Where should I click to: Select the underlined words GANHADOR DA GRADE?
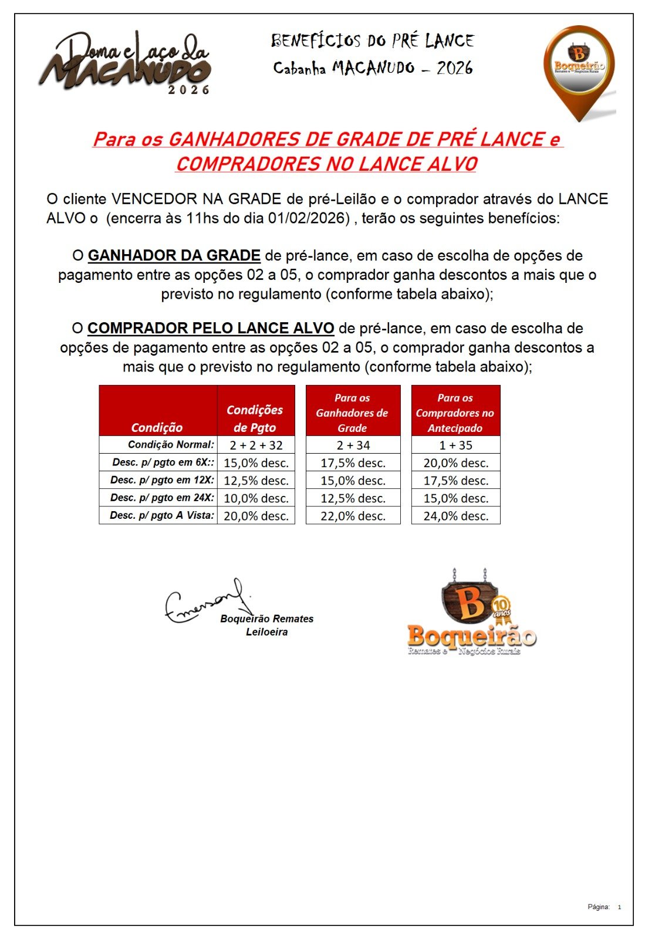coord(174,256)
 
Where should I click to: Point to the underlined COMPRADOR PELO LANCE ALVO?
coord(211,329)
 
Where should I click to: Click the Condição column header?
coord(157,427)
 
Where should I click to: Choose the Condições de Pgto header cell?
coord(255,418)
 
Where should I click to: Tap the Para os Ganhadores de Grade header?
coord(352,413)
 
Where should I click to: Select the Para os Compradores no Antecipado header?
coord(455,413)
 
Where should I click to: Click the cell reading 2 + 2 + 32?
coord(256,445)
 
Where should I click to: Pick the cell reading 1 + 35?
coord(455,445)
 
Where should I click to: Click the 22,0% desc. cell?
coord(353,516)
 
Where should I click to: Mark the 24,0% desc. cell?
coord(455,516)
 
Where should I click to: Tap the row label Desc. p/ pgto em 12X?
coord(162,480)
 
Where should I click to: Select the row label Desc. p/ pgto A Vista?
coord(162,516)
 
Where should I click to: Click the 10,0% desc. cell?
coord(256,498)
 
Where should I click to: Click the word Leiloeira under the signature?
coord(266,632)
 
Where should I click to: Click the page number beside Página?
coord(619,907)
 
